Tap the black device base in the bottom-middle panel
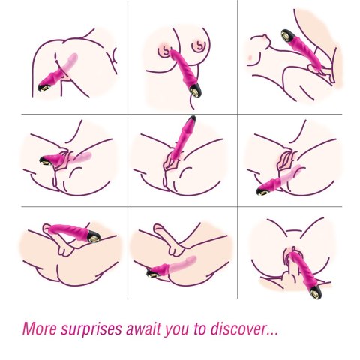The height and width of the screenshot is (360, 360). pos(152,273)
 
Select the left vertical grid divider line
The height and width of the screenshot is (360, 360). pos(127,150)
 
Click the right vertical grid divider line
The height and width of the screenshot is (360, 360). pos(237,150)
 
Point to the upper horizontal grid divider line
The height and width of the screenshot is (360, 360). pos(180,114)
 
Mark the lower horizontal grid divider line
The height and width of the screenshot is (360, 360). pos(180,206)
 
